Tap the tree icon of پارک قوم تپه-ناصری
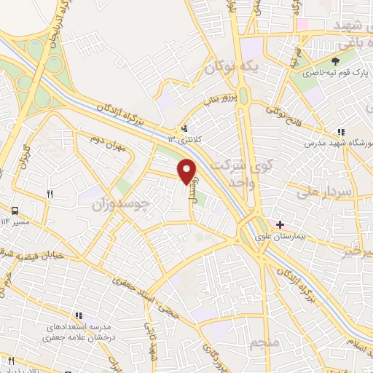point(336,61)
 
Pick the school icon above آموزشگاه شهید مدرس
point(340,132)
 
